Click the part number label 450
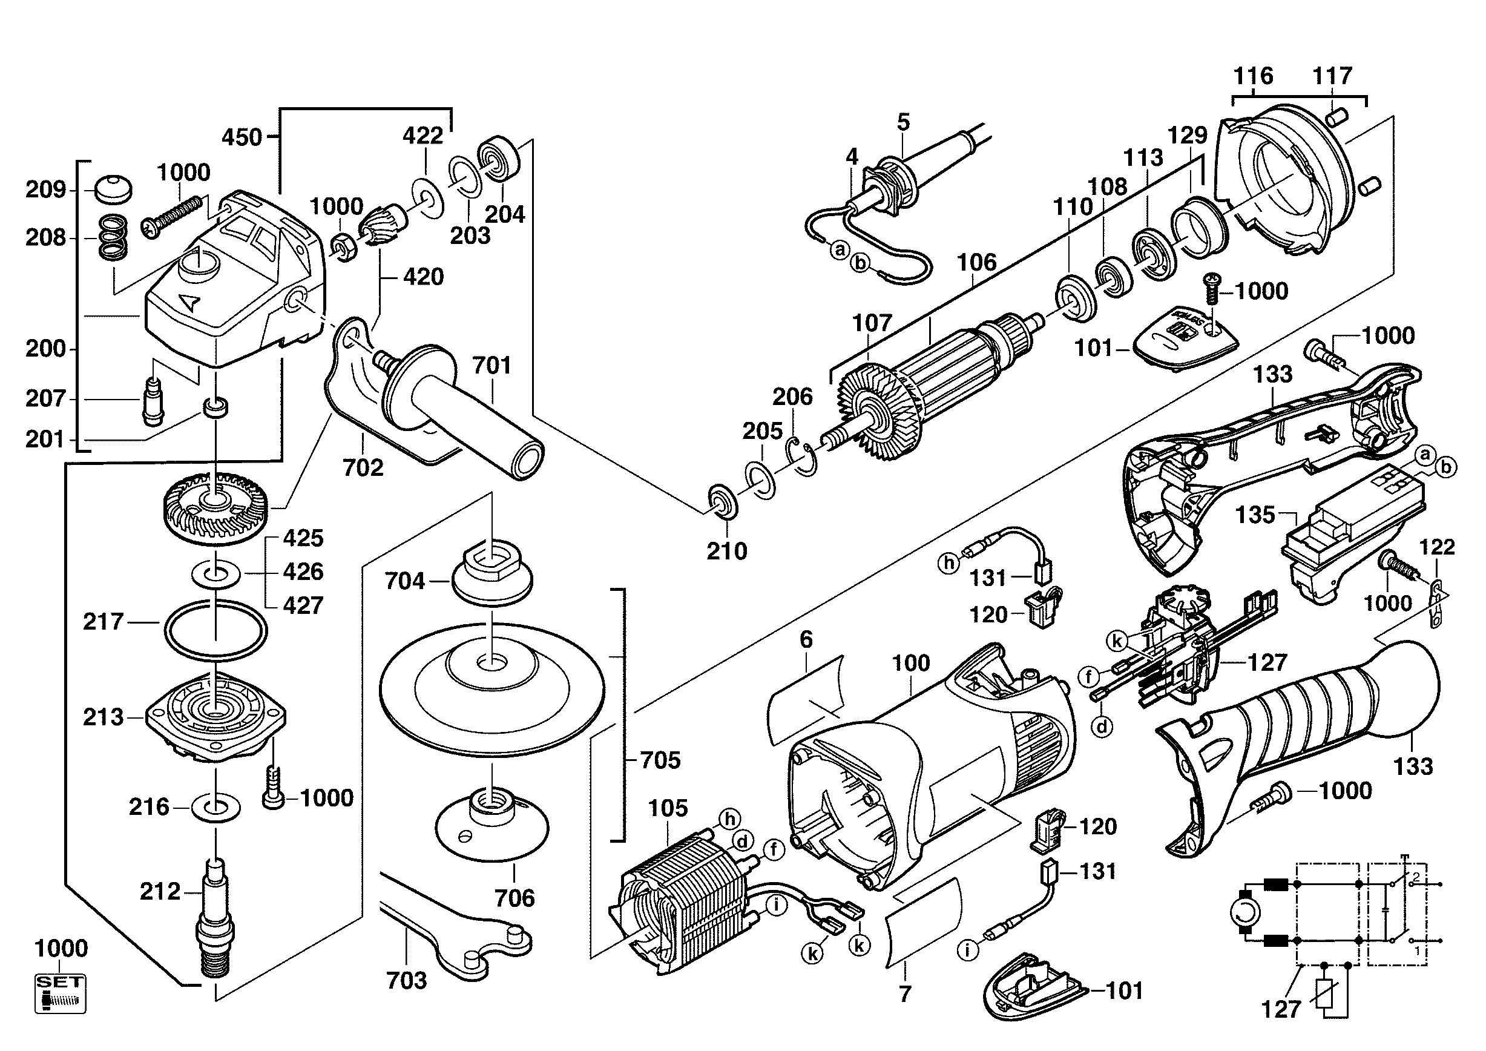(x=242, y=137)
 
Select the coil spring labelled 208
(x=113, y=238)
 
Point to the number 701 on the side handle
(x=492, y=366)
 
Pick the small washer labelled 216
(x=216, y=808)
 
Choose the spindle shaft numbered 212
(x=215, y=919)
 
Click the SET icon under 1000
(x=60, y=993)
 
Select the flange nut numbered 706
(x=493, y=826)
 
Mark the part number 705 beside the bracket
(x=660, y=759)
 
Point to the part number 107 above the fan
(x=872, y=323)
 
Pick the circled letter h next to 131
(x=949, y=562)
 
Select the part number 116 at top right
(x=1253, y=76)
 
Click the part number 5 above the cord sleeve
(x=904, y=122)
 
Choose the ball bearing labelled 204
(x=499, y=159)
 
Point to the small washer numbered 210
(x=722, y=501)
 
